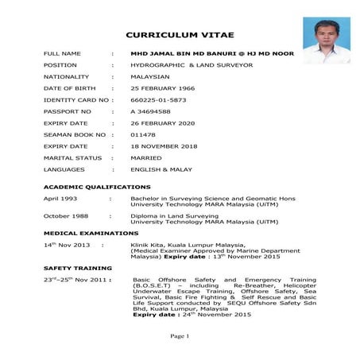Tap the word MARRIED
pos(146,158)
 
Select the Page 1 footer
pos(180,337)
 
